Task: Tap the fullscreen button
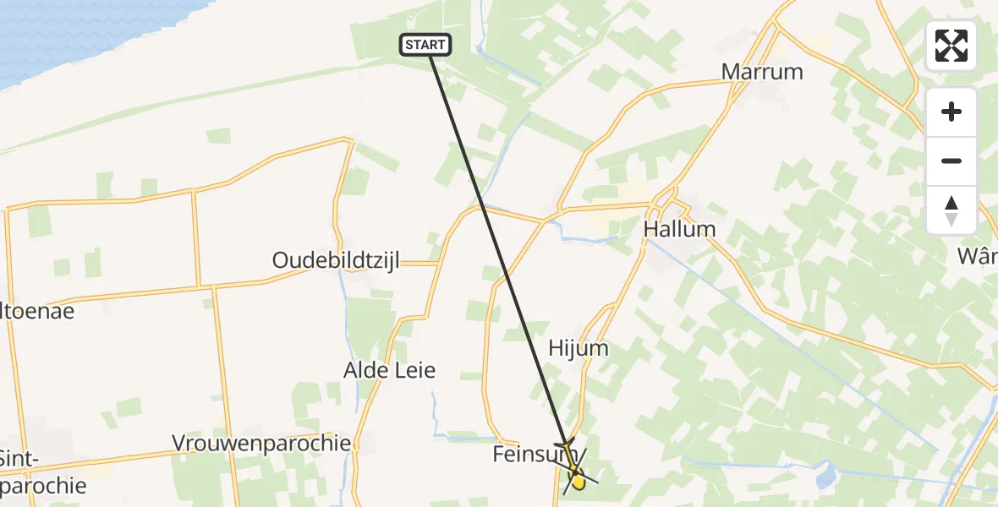pyautogui.click(x=951, y=46)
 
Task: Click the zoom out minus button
pyautogui.click(x=951, y=161)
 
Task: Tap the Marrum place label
pyautogui.click(x=762, y=72)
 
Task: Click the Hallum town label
pyautogui.click(x=679, y=229)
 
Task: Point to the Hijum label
pyautogui.click(x=579, y=348)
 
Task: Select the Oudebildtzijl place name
pyautogui.click(x=336, y=260)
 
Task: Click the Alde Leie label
pyautogui.click(x=389, y=370)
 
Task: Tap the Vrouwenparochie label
pyautogui.click(x=261, y=443)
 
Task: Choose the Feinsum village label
pyautogui.click(x=524, y=455)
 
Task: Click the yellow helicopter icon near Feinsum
pyautogui.click(x=574, y=473)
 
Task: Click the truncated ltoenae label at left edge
pyautogui.click(x=37, y=311)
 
